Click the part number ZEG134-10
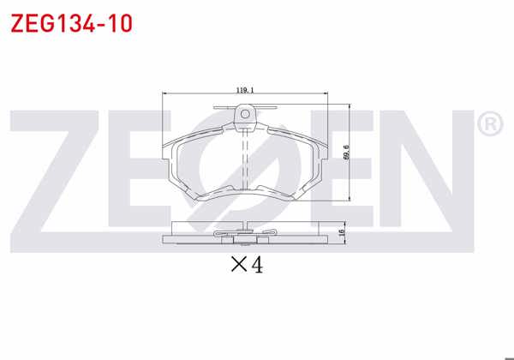pyautogui.click(x=71, y=23)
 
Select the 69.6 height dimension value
pyautogui.click(x=346, y=152)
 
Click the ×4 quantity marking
pyautogui.click(x=247, y=266)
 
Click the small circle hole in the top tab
pyautogui.click(x=245, y=112)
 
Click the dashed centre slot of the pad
pyautogui.click(x=247, y=159)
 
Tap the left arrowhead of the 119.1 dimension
pyautogui.click(x=164, y=93)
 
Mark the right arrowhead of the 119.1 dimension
pyautogui.click(x=329, y=93)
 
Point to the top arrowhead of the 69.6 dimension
pyautogui.click(x=351, y=107)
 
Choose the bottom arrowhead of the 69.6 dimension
pyautogui.click(x=351, y=201)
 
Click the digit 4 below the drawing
pyautogui.click(x=256, y=266)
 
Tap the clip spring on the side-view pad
pyautogui.click(x=247, y=234)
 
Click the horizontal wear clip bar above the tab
pyautogui.click(x=245, y=106)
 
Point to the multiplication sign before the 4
pyautogui.click(x=237, y=267)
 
